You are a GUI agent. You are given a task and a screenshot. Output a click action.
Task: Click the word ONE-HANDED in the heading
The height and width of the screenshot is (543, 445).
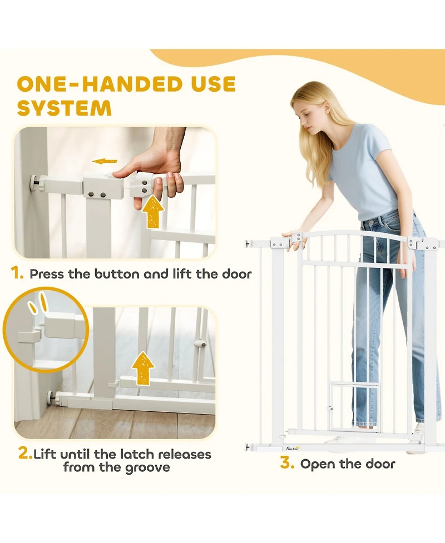click(x=99, y=84)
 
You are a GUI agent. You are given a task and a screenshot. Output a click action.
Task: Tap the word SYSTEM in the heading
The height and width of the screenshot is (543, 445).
click(x=65, y=108)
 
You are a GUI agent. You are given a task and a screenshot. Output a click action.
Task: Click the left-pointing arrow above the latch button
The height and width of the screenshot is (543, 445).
click(x=105, y=161)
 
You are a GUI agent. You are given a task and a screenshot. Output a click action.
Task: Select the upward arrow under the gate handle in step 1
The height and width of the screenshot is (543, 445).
click(x=153, y=211)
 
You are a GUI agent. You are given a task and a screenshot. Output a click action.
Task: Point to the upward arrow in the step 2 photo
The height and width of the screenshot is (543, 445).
click(x=143, y=368)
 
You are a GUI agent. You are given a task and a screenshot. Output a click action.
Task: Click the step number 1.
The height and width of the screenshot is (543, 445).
click(x=17, y=273)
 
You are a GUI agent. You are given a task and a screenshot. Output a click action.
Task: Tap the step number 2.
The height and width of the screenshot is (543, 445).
click(x=25, y=453)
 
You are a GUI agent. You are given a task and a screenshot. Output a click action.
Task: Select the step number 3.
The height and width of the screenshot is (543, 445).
click(x=287, y=463)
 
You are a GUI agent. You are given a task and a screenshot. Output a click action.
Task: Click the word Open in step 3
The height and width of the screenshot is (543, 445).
click(x=318, y=465)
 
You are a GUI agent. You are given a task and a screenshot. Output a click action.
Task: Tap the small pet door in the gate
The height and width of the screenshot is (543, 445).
click(x=354, y=407)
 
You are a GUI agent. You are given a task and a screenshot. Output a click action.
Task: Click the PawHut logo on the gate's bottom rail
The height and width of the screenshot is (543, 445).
click(x=293, y=448)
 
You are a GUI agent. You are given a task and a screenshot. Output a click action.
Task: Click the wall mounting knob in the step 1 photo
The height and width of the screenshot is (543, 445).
click(x=34, y=181)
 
